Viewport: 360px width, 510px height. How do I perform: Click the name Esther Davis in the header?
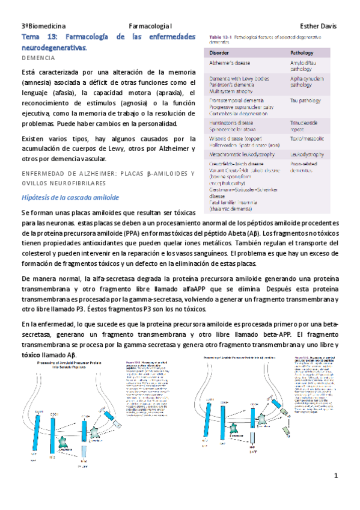pyautogui.click(x=318, y=26)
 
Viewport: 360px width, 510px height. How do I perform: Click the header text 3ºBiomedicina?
pyautogui.click(x=43, y=26)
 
